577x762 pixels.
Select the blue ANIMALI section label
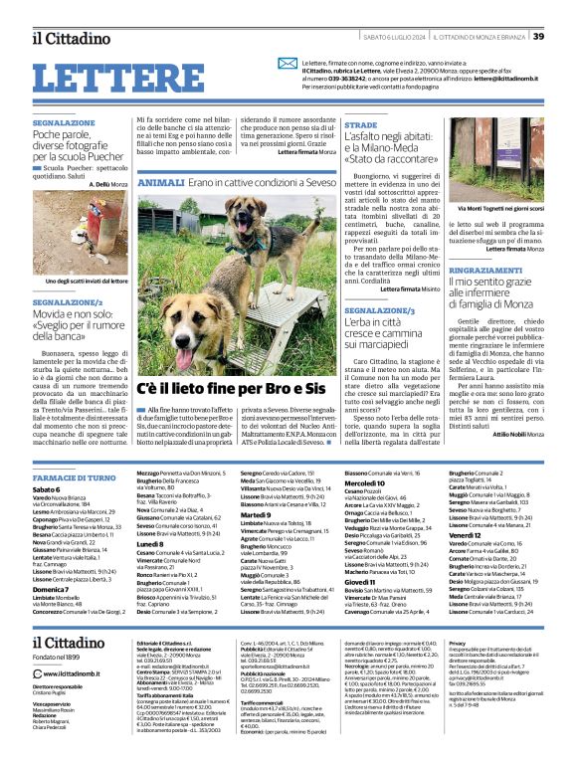161,184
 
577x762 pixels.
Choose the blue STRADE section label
360,126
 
